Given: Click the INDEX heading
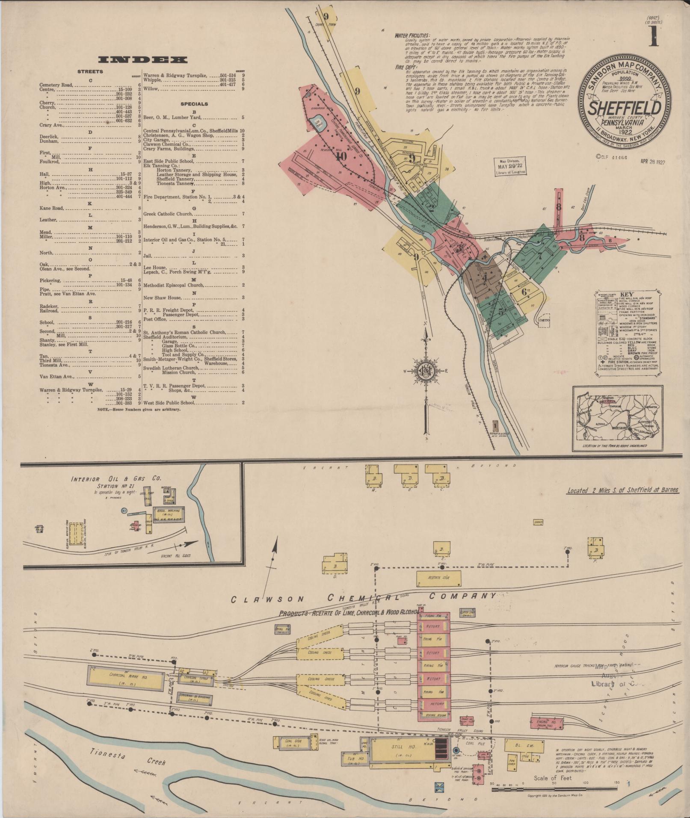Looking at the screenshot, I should (143, 60).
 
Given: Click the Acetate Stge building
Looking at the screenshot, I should (438, 578).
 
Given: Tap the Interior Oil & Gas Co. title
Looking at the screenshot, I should (116, 479).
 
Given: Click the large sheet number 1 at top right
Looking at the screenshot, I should (653, 36).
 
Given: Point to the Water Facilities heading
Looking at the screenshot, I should (412, 36).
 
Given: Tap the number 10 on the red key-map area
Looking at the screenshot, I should (341, 157).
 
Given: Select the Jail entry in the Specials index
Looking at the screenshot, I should (148, 256).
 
